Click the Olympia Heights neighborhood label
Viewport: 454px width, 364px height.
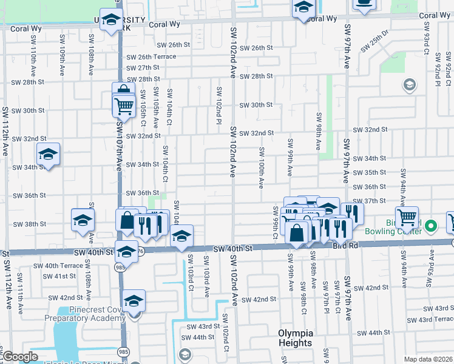[296, 338]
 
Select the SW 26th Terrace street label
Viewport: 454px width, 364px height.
[151, 56]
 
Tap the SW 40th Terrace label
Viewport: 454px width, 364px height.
[58, 266]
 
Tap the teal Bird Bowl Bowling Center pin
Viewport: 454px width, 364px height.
[431, 227]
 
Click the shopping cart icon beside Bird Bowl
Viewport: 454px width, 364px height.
[407, 216]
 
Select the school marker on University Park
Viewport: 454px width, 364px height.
[112, 20]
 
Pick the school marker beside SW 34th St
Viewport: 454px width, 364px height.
[48, 155]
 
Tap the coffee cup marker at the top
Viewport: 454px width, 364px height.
[364, 5]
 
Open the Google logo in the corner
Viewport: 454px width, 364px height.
[20, 357]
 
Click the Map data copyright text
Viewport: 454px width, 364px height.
[428, 359]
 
